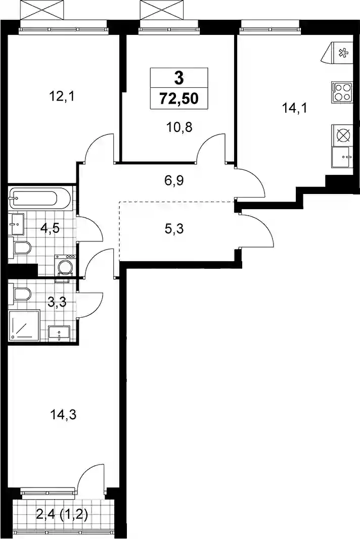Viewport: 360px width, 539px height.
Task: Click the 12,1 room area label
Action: coord(62,96)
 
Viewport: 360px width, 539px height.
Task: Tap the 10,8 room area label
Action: coord(179,127)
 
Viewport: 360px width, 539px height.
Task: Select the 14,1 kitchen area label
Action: coord(294,108)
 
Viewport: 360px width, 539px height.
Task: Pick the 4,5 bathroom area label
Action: coord(50,227)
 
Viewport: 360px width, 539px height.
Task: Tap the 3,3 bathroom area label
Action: coord(57,303)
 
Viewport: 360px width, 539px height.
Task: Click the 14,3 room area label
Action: coord(63,415)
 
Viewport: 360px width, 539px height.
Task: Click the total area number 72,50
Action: coord(179,99)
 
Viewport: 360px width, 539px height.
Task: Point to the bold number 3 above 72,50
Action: coord(179,78)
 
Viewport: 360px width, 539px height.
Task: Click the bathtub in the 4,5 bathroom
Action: coord(40,199)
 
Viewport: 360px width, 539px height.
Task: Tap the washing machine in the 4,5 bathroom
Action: coord(64,265)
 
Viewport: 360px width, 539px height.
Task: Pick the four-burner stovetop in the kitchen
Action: coord(342,92)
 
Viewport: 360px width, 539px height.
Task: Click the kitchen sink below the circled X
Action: coord(342,157)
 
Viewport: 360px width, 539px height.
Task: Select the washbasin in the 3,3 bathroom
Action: coord(59,333)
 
